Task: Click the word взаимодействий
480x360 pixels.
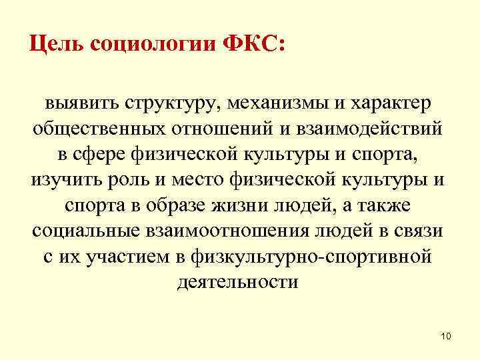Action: pyautogui.click(x=372, y=129)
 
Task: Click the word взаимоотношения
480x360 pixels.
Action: pyautogui.click(x=213, y=231)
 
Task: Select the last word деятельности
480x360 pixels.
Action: pyautogui.click(x=238, y=282)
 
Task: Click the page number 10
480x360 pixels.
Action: pyautogui.click(x=446, y=337)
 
